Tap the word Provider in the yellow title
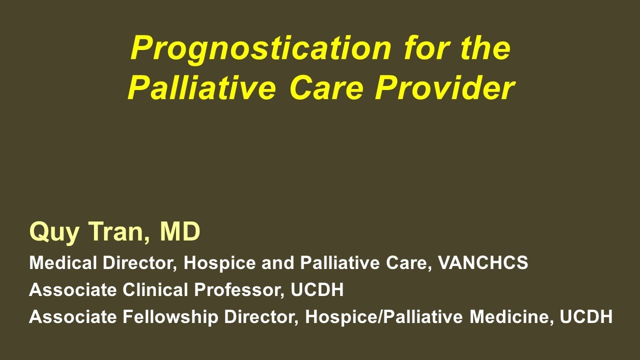[444, 88]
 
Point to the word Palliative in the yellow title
[201, 88]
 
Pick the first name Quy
[54, 231]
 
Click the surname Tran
[118, 231]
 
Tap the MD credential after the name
[180, 231]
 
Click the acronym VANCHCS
[483, 262]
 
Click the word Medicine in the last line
[511, 317]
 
